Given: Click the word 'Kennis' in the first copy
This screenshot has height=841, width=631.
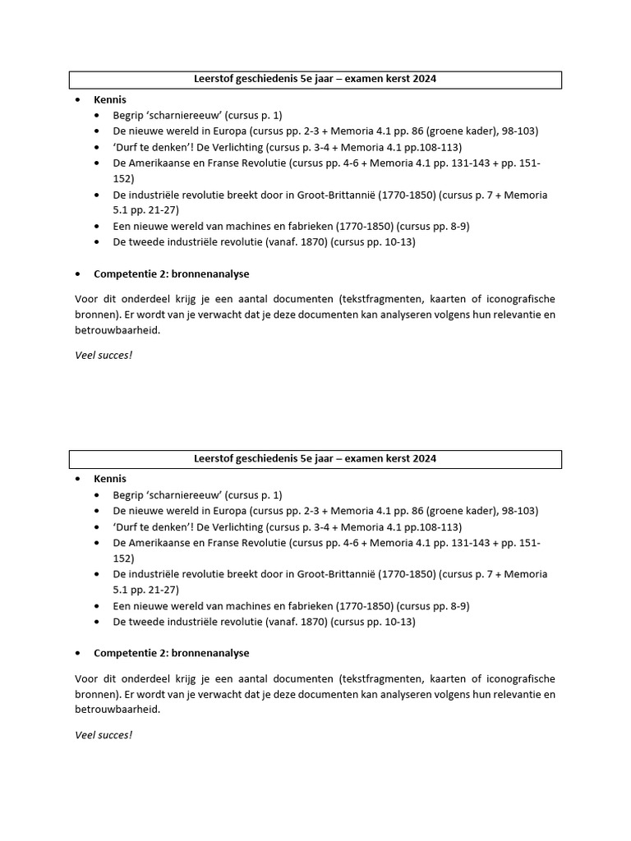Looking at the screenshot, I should pos(110,99).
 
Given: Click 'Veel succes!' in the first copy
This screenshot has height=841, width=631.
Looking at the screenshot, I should pos(104,355).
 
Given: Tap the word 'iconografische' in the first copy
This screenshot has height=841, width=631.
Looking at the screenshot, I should pos(516,299).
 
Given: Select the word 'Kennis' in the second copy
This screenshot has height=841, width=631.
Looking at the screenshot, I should pos(110,479).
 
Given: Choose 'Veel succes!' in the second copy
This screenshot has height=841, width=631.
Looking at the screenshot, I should pos(104,734).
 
